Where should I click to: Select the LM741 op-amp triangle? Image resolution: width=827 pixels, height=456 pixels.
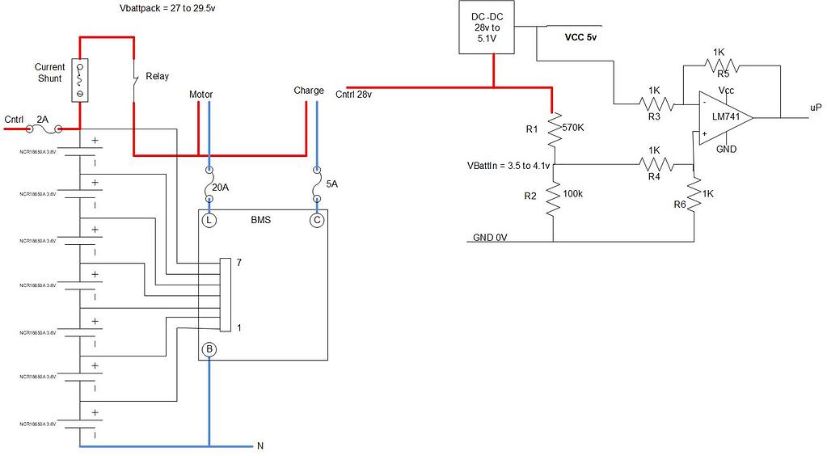[x=724, y=117]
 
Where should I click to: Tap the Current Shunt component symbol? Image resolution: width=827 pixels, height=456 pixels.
[x=80, y=80]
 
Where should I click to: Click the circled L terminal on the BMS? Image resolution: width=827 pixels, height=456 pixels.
[x=209, y=220]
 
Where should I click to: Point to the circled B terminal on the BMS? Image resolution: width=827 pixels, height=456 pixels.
[x=209, y=349]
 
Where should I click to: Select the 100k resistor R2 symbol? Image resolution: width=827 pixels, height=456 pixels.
[x=554, y=198]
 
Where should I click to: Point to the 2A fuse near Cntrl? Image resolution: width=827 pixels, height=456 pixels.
[x=45, y=129]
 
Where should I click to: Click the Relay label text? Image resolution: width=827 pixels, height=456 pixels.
[x=157, y=77]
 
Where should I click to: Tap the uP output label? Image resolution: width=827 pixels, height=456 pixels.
[x=816, y=108]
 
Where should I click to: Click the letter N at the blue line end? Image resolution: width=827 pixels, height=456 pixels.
[x=259, y=445]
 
